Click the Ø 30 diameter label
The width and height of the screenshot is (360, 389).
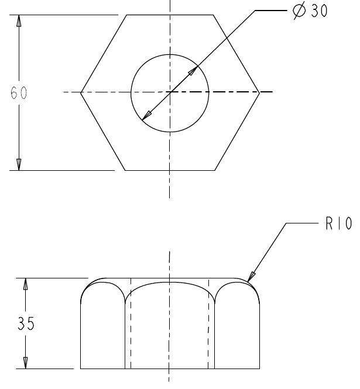[x=312, y=12]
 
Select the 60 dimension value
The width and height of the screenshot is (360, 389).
[x=19, y=94]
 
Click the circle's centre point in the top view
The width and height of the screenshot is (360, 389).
[x=169, y=92]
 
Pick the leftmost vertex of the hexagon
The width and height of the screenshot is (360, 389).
[x=81, y=92]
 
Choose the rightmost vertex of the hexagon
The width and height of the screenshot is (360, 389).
[x=259, y=92]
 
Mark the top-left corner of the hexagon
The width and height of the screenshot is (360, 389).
[x=126, y=15]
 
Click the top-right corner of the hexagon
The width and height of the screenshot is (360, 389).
[x=214, y=15]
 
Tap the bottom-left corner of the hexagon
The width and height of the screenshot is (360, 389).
[x=126, y=170]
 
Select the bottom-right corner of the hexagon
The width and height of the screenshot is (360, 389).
[x=214, y=170]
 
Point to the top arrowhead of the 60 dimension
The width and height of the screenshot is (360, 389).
[x=19, y=19]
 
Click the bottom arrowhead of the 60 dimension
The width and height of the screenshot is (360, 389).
[x=19, y=166]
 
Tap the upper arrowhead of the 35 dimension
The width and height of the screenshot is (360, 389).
[x=25, y=283]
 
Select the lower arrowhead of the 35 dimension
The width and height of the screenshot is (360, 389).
[x=25, y=364]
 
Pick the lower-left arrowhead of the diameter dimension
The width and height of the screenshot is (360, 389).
[x=145, y=116]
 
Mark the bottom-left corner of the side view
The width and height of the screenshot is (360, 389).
[x=80, y=369]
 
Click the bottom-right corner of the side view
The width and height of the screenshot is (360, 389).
[x=260, y=369]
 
